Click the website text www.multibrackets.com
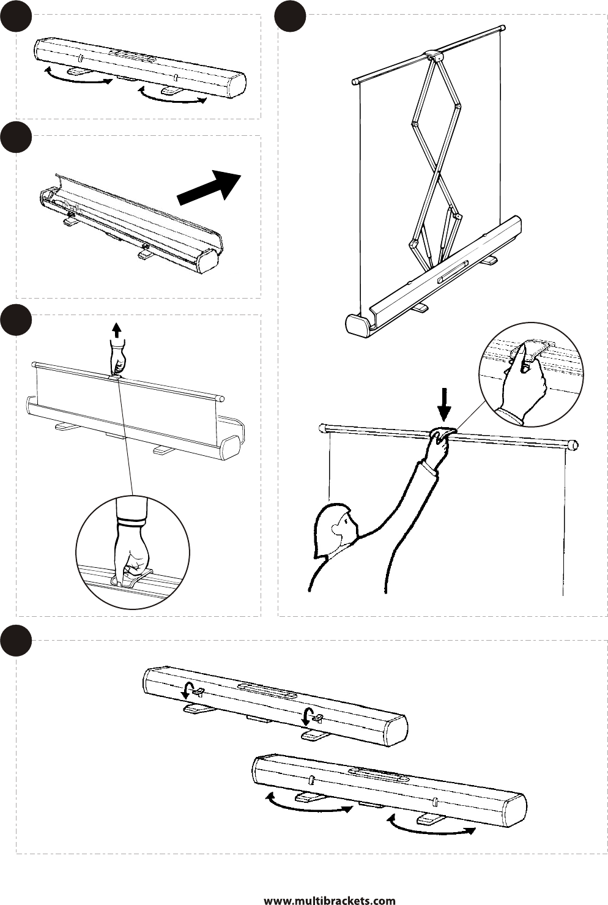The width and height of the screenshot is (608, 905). [x=330, y=899]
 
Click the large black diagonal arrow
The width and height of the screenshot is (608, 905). [x=209, y=186]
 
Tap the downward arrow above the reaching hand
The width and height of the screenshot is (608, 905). [x=445, y=404]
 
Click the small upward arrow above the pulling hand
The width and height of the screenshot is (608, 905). [x=116, y=330]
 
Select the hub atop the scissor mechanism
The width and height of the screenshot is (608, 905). [x=434, y=54]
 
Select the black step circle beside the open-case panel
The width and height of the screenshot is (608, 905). [x=15, y=137]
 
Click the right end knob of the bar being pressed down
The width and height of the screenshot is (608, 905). [x=574, y=445]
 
